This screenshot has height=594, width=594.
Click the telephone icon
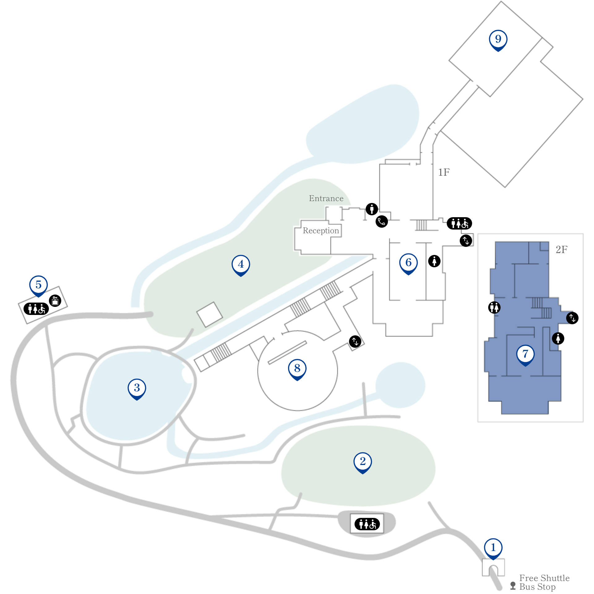click(382, 222)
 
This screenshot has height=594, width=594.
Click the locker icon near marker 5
click(55, 300)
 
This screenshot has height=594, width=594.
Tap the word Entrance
click(326, 198)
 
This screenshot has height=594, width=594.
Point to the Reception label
click(321, 230)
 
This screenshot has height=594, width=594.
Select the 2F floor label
click(562, 249)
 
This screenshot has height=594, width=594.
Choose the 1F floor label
click(444, 172)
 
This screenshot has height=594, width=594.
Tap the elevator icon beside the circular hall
click(355, 342)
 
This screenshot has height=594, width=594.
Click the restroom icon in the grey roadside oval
click(367, 524)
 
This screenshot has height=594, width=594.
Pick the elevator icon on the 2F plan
click(572, 318)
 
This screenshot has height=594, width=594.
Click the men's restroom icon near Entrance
click(372, 209)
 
